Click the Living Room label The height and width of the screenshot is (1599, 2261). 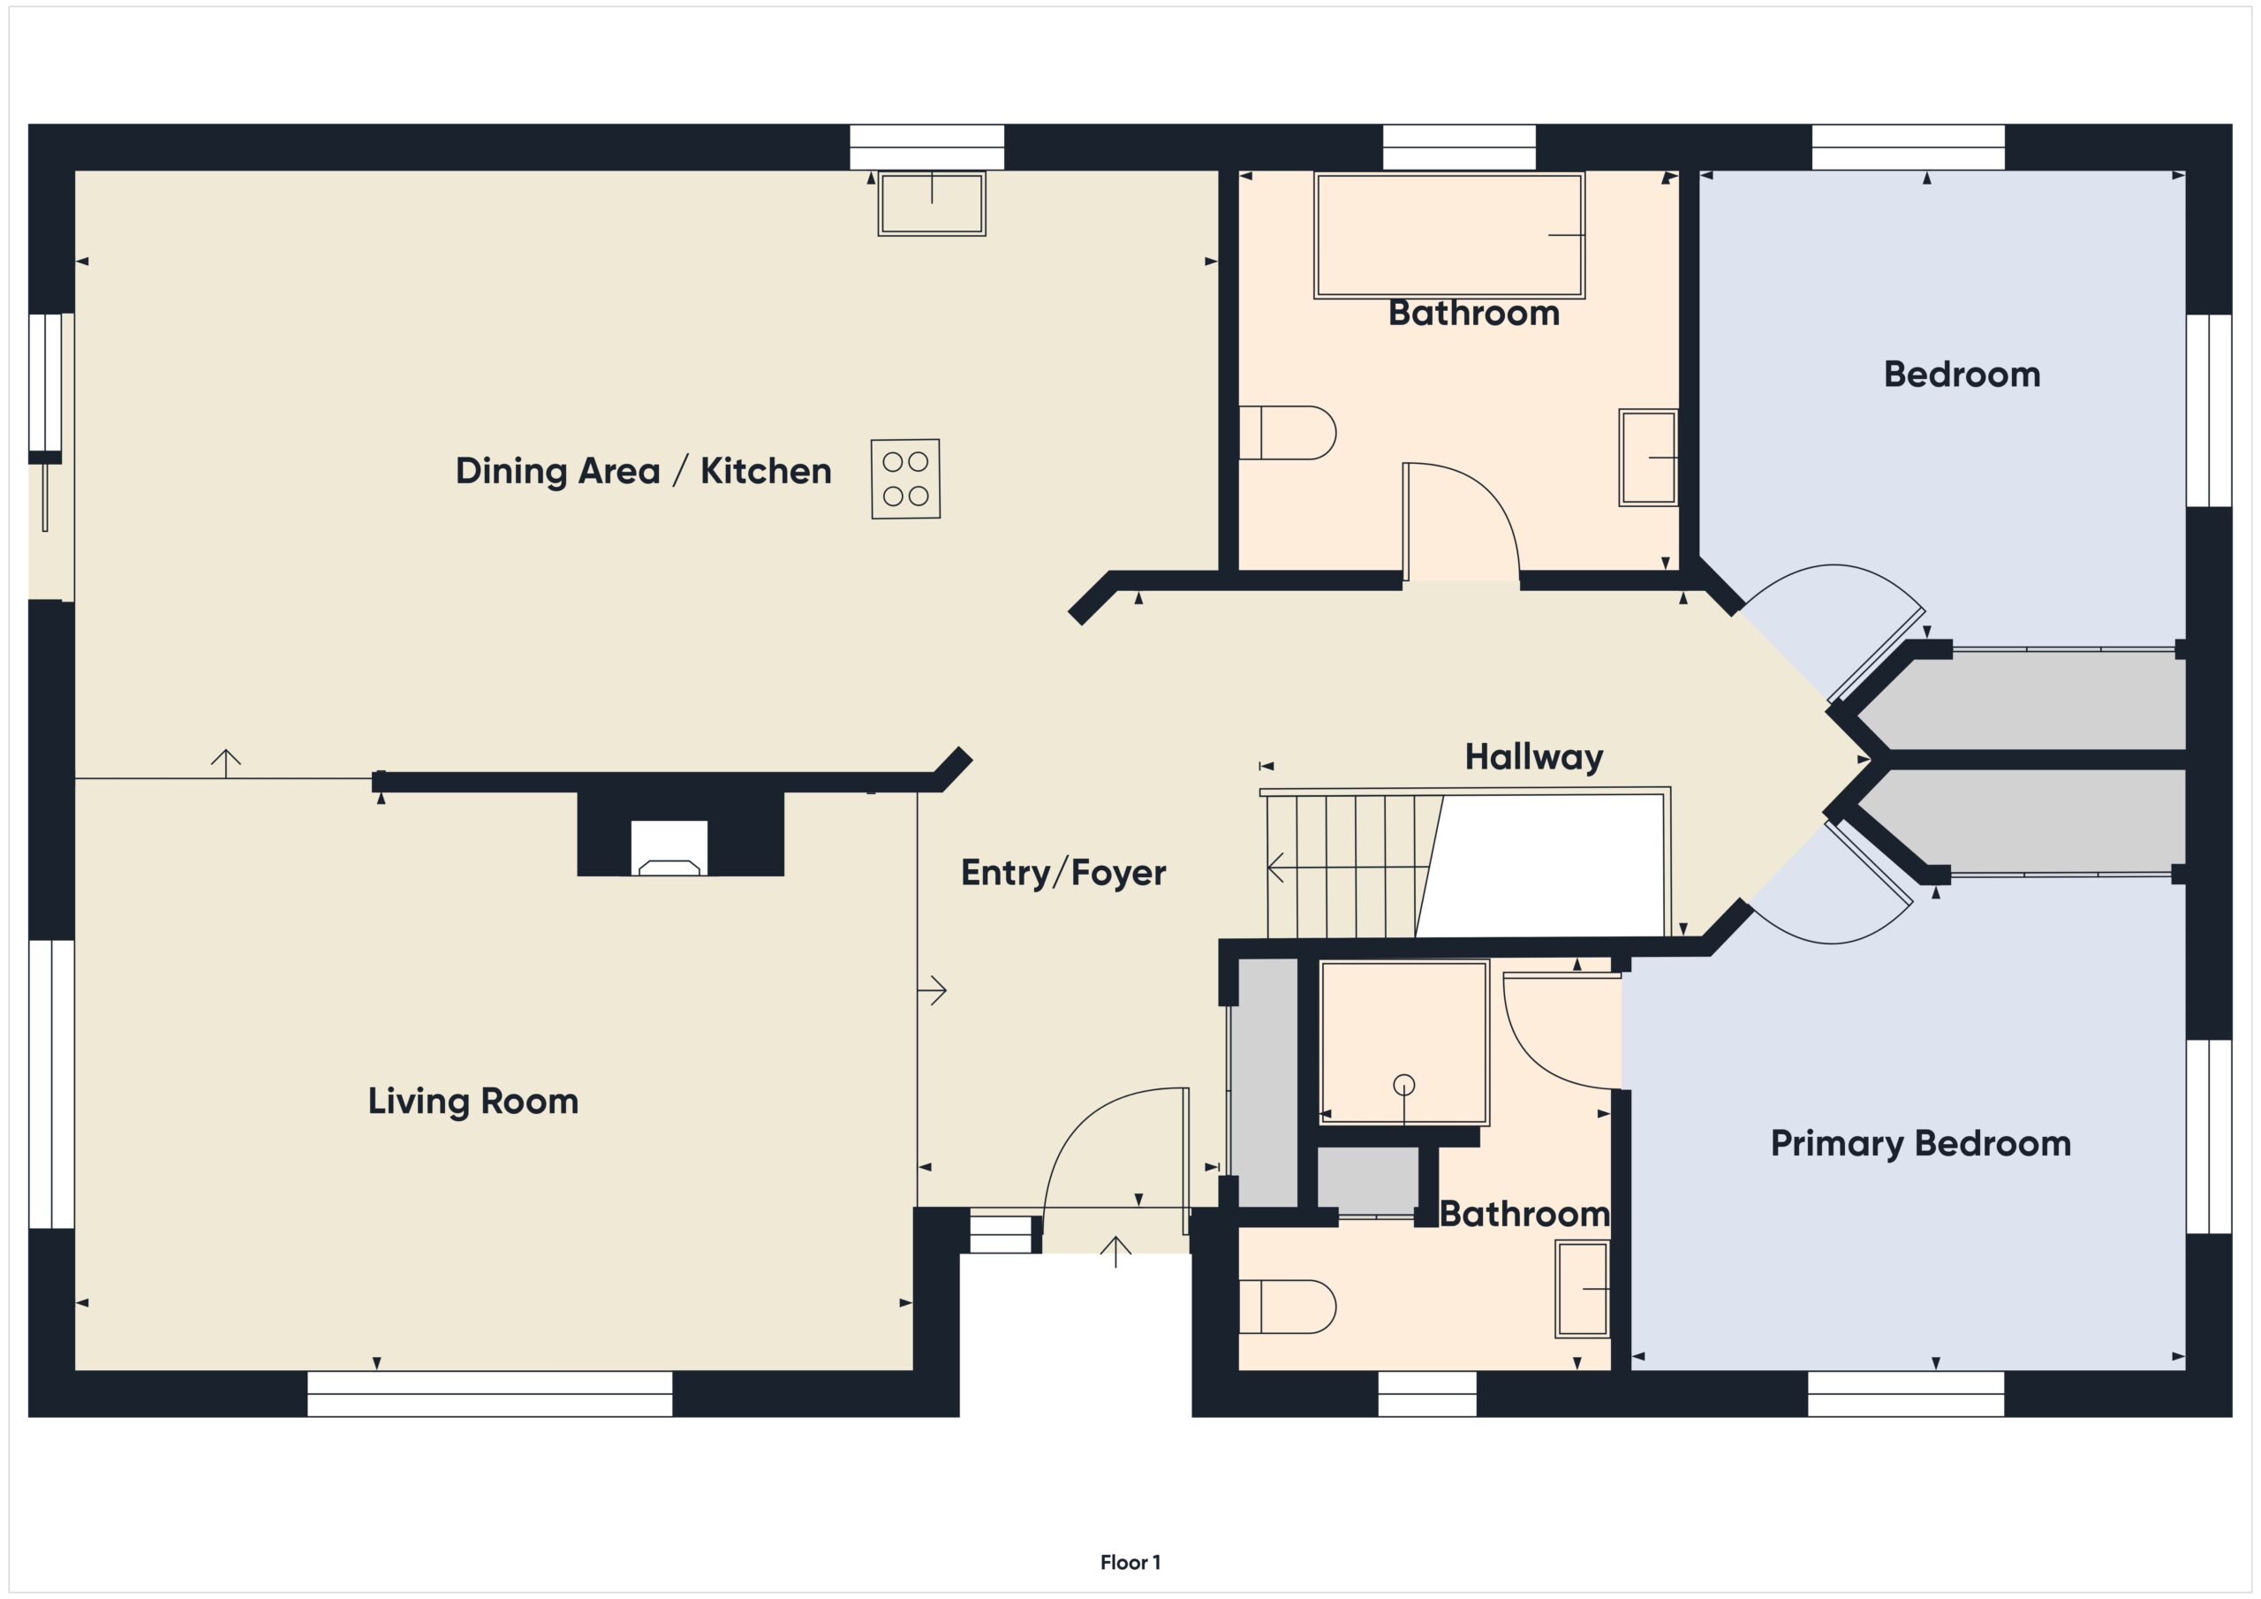[x=473, y=1101]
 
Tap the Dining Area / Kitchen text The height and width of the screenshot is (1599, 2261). [x=643, y=471]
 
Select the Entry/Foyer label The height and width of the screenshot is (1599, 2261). [x=1062, y=872]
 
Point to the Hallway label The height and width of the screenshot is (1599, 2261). [x=1533, y=756]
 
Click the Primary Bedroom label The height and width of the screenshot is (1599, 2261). [x=1920, y=1143]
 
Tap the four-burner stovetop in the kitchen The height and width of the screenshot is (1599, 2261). [x=905, y=479]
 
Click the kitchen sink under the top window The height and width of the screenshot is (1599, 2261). [x=932, y=204]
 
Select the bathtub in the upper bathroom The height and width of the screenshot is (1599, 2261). [x=1448, y=236]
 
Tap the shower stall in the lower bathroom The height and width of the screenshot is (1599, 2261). [x=1403, y=1042]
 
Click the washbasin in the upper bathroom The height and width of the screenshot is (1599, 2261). [x=1648, y=458]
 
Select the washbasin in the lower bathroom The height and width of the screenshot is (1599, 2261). [x=1583, y=1289]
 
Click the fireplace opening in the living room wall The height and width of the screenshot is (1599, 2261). [x=669, y=847]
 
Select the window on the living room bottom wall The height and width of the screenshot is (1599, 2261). [x=489, y=1393]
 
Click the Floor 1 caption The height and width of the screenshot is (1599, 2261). [x=1130, y=1562]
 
